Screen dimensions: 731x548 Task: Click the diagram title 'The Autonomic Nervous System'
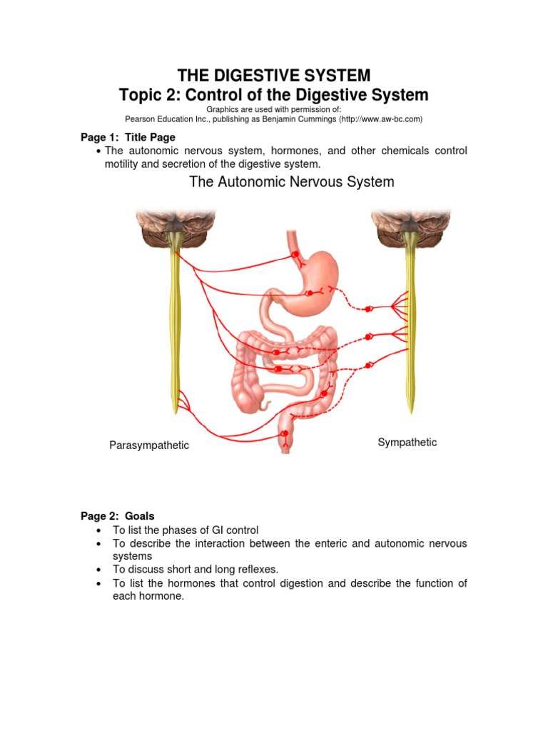(x=291, y=182)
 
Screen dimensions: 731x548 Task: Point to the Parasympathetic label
(x=149, y=445)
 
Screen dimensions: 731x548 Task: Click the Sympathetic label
(x=407, y=443)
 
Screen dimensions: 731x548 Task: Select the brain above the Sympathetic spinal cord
(x=410, y=228)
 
